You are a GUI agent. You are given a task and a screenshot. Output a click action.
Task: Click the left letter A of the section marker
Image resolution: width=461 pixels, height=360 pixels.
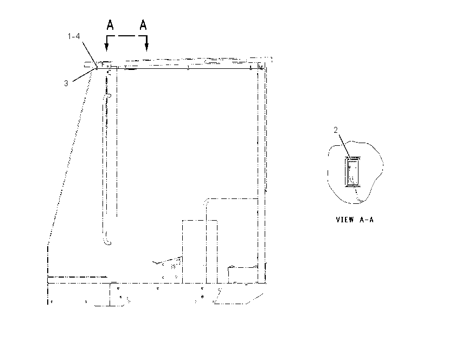coord(110,25)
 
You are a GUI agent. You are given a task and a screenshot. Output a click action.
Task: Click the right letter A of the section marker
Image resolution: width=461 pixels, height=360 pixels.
coord(143,25)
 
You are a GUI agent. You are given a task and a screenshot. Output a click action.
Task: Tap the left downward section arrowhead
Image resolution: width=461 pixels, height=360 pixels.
coord(107,47)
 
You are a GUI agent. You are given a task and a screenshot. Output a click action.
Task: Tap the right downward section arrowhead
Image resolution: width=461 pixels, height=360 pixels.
coord(147,47)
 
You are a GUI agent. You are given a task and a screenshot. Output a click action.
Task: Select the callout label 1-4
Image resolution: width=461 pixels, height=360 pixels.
coord(74,36)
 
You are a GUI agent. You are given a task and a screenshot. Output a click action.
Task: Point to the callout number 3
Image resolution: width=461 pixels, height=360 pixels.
coord(66,83)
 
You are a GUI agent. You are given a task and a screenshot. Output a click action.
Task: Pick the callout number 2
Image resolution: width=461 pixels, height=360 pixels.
coord(336,130)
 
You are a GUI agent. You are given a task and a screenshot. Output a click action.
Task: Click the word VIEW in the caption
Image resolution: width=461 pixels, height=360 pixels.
coord(345,220)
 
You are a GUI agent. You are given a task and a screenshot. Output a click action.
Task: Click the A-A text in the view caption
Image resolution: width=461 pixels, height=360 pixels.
coord(366,220)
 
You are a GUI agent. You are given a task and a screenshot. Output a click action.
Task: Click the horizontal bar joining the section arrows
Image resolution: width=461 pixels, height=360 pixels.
coord(127,36)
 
